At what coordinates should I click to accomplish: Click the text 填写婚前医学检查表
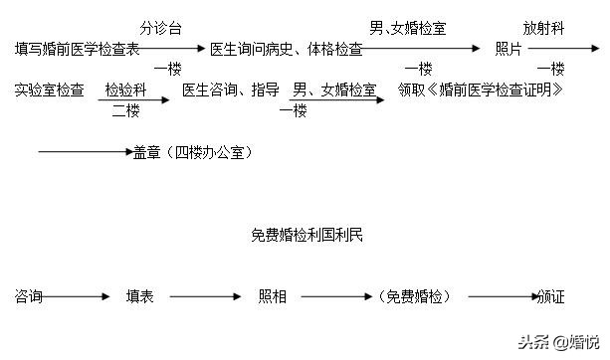(x=78, y=49)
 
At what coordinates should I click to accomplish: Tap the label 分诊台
(x=161, y=27)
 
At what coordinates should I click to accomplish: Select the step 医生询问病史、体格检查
(x=285, y=49)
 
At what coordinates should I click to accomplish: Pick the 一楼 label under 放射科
(x=550, y=69)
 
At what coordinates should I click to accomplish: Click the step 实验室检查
(x=50, y=90)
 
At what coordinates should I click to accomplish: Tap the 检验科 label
(x=125, y=90)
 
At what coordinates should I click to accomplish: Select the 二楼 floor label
(x=125, y=110)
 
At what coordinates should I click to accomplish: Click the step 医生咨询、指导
(x=231, y=90)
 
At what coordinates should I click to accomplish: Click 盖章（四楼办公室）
(x=192, y=152)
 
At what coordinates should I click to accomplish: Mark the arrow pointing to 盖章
(x=85, y=152)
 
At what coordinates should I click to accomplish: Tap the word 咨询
(x=29, y=296)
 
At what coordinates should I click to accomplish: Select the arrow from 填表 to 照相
(x=204, y=296)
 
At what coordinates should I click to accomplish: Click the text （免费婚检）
(x=415, y=296)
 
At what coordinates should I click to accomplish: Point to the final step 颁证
(x=550, y=296)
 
